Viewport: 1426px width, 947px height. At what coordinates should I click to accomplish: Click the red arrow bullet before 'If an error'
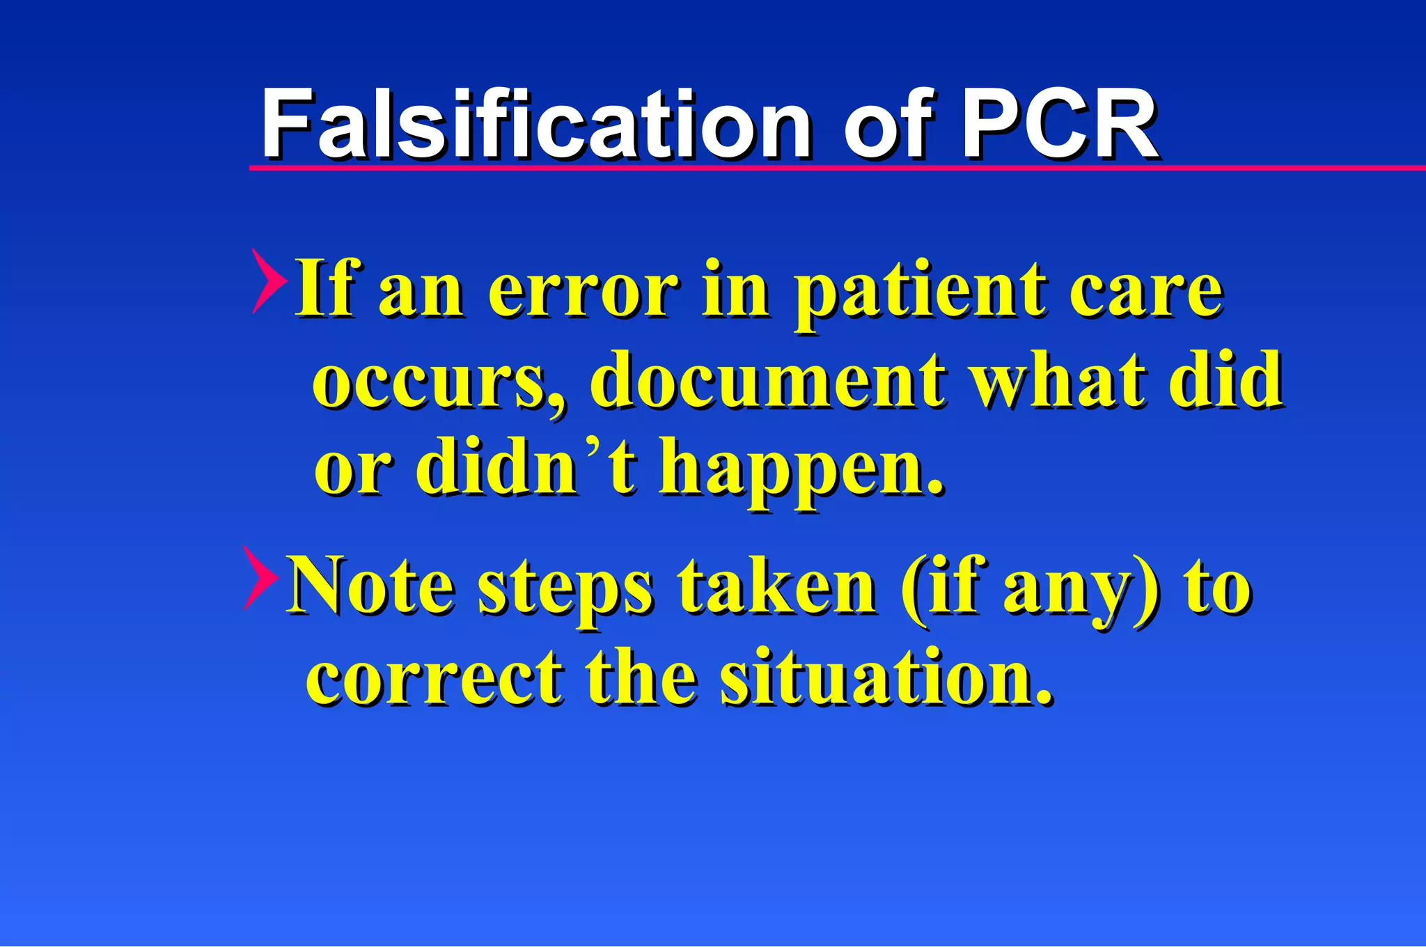(269, 281)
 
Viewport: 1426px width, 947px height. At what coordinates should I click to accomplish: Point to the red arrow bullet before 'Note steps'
(261, 578)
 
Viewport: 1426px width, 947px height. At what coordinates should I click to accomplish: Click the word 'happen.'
(801, 470)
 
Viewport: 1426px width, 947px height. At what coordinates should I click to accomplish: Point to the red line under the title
(836, 168)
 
